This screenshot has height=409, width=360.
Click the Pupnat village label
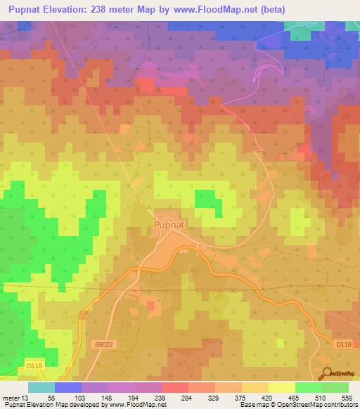point(169,225)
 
